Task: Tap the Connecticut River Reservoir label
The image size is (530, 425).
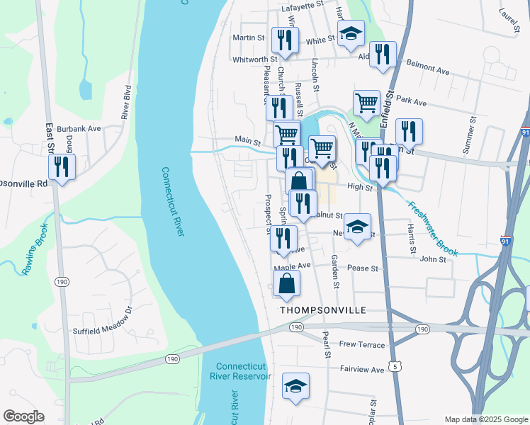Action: (x=244, y=371)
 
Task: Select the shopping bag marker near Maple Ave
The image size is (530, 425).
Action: (x=286, y=283)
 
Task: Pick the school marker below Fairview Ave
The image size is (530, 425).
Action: (x=296, y=386)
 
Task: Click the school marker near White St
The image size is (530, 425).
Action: (x=351, y=33)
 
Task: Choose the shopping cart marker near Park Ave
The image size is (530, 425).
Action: (x=366, y=103)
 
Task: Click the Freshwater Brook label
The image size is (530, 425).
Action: (x=432, y=229)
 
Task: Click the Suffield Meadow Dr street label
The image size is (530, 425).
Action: (x=103, y=321)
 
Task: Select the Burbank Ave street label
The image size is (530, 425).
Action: (x=80, y=129)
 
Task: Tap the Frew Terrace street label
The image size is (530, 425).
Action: (x=361, y=345)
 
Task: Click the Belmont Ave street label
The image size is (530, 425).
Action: (x=428, y=72)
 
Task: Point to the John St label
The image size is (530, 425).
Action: (x=433, y=259)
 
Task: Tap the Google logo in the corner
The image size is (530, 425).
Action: (x=23, y=416)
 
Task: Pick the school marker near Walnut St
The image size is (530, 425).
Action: (x=358, y=227)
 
